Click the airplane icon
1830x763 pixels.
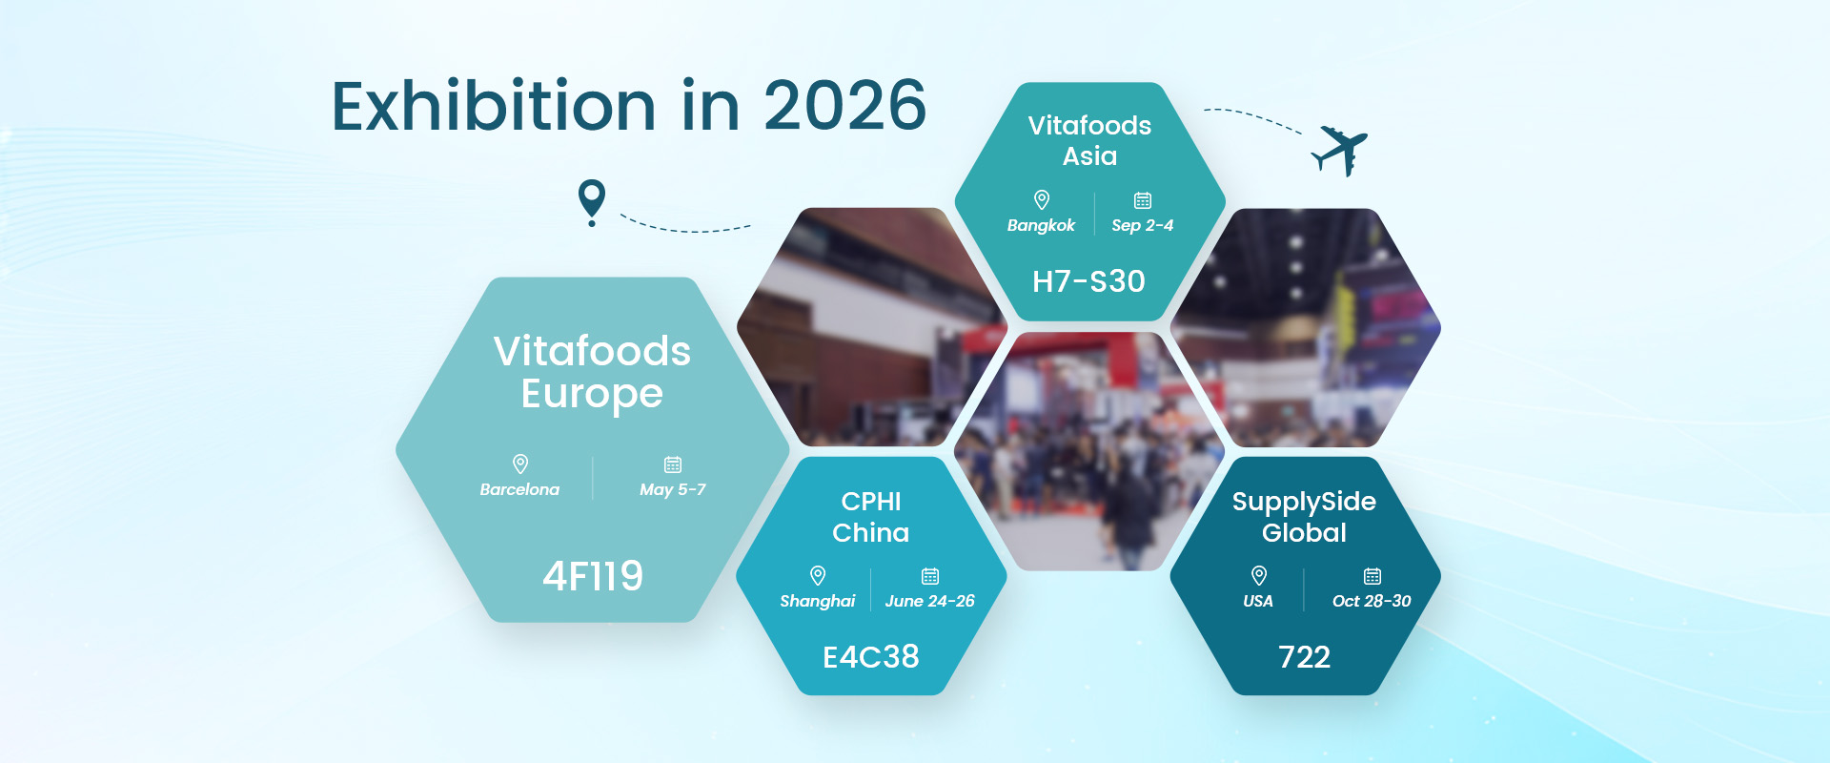coord(1341,151)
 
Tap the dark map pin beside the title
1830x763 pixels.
coord(592,200)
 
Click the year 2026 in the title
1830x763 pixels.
coord(844,105)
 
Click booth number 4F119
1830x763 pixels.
coord(593,576)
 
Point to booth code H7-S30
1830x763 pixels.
coord(1089,281)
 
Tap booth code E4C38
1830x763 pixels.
coord(871,656)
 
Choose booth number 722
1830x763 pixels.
coord(1305,656)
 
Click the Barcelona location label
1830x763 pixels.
coord(519,489)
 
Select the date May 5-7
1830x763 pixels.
coord(673,489)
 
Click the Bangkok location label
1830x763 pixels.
coord(1041,225)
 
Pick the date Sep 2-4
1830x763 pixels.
coord(1143,226)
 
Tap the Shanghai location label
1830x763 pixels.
coord(818,601)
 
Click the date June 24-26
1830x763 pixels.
coord(930,601)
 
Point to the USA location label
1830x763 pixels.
coord(1258,601)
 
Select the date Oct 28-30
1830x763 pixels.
coord(1372,601)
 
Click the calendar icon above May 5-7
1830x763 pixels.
coord(673,464)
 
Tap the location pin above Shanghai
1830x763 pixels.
coord(818,575)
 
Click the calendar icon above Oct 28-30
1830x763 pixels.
coord(1372,576)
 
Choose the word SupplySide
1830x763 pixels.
coord(1304,502)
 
